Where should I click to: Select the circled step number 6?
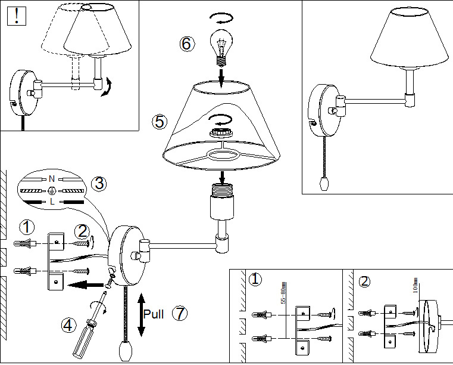[x=187, y=44]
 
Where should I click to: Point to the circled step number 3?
[x=100, y=184]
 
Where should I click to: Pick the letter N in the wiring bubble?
[x=51, y=178]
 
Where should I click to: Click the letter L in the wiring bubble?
[x=52, y=202]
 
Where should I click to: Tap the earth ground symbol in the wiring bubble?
[x=52, y=190]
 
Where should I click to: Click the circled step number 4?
[x=69, y=324]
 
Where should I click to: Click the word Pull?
[x=154, y=314]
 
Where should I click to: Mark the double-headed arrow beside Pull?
[x=142, y=314]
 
